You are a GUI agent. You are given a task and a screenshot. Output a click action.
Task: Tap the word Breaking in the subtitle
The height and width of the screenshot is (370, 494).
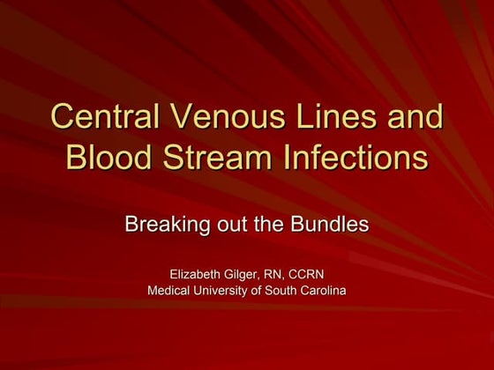[x=162, y=225]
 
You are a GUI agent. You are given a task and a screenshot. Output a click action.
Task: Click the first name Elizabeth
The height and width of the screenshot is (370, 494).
[x=197, y=274]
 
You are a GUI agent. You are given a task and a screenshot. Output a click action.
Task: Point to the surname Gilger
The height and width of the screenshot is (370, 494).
[x=249, y=274]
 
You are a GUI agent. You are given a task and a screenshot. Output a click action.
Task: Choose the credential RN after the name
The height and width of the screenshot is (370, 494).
[x=285, y=274]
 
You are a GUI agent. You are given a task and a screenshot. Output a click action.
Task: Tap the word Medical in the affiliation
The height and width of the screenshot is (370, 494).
[x=170, y=291]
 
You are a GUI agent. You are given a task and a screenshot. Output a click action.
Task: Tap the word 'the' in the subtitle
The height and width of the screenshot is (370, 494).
[x=267, y=224]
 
